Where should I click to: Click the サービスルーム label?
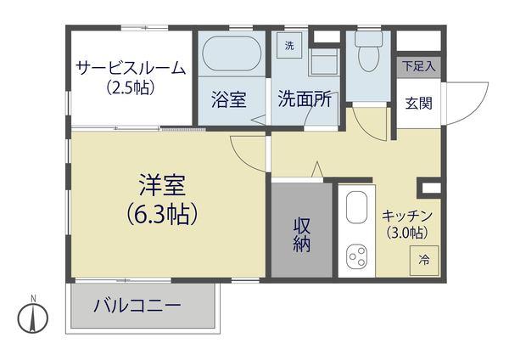130,68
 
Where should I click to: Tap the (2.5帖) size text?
130,87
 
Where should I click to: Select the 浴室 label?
229,99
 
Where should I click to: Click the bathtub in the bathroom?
232,55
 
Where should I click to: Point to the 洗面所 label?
304,99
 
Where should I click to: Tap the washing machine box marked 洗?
289,45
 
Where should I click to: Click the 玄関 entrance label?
418,104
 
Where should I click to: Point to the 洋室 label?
162,185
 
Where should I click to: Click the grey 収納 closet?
301,233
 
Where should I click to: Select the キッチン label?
407,216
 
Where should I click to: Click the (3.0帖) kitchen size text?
407,232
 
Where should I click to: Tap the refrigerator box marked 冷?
423,261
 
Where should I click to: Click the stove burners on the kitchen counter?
356,256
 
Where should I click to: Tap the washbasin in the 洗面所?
323,61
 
